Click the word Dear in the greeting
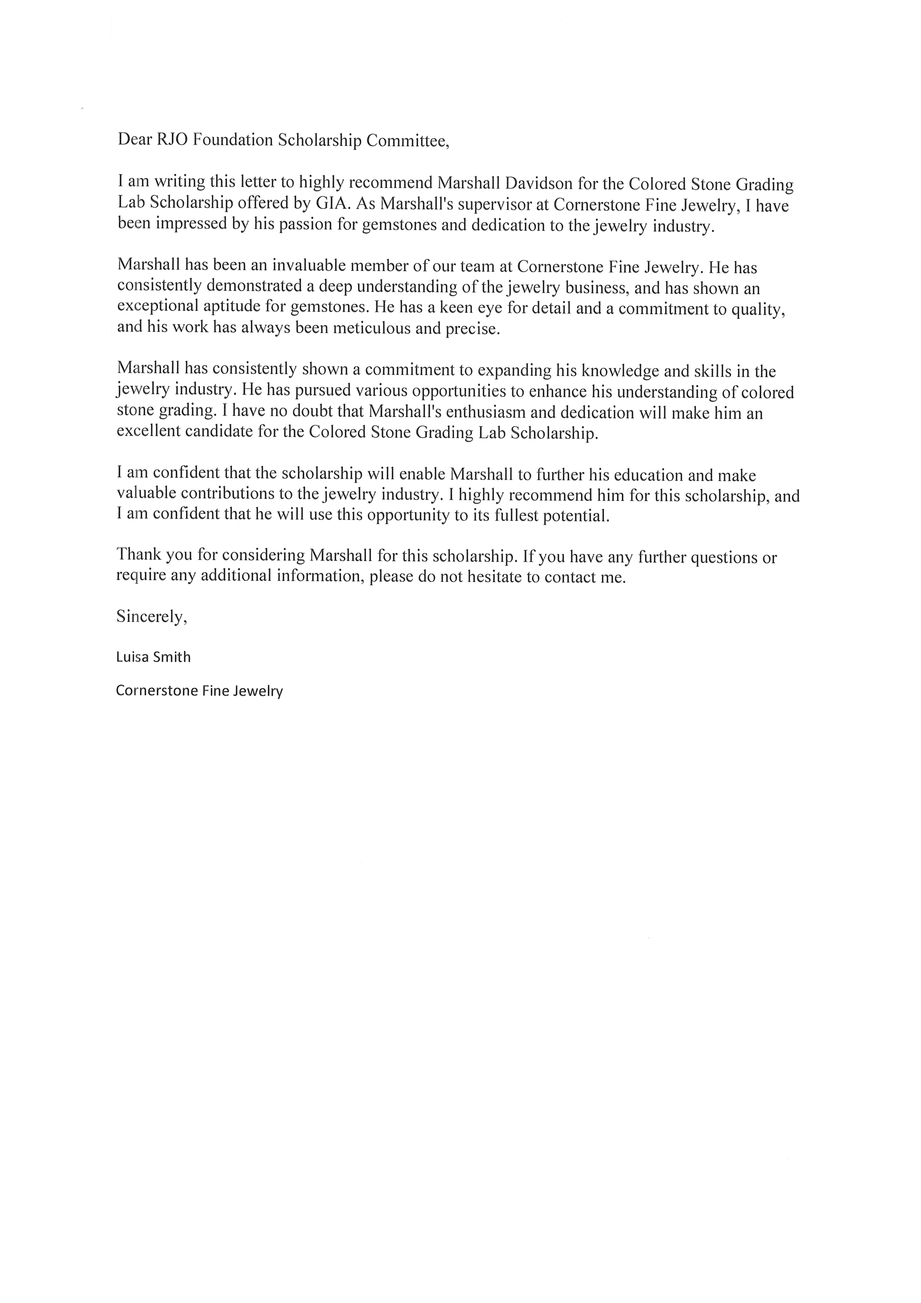(x=132, y=140)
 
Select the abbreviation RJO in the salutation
(x=169, y=140)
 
